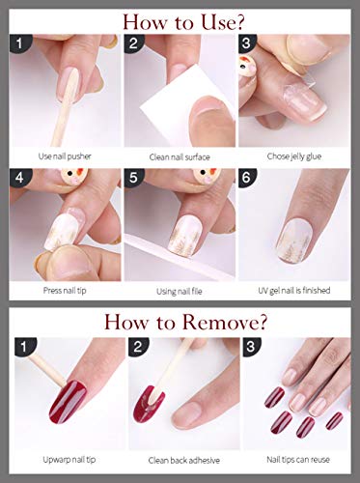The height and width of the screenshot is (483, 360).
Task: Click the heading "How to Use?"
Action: (183, 22)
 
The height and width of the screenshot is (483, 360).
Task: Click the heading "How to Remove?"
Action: (185, 322)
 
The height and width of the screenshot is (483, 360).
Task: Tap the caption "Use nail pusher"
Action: (65, 156)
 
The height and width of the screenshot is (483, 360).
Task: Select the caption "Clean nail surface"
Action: (180, 157)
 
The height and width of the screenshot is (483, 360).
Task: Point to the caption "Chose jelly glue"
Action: (294, 156)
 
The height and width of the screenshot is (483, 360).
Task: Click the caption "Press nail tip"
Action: (65, 291)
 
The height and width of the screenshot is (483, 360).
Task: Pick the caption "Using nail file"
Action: (180, 292)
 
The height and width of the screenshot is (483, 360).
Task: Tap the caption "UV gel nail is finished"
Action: (294, 291)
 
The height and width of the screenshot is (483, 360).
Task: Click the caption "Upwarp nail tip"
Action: (69, 460)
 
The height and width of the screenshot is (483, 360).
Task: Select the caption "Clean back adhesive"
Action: (184, 461)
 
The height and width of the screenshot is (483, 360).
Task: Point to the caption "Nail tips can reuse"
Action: (298, 460)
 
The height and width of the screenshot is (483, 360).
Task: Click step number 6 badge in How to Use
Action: (247, 178)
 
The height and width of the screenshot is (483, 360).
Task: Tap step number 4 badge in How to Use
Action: (19, 178)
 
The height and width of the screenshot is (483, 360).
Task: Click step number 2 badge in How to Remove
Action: (138, 347)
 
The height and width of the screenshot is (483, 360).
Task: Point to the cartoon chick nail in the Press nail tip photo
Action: (73, 177)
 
